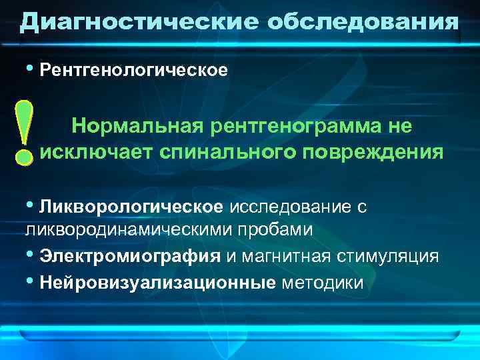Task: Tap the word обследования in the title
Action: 363,22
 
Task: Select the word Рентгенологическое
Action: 133,69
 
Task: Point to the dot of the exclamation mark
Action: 24,157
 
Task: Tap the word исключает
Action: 97,153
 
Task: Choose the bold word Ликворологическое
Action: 131,207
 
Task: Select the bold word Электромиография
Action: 130,257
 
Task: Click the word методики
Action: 323,283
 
